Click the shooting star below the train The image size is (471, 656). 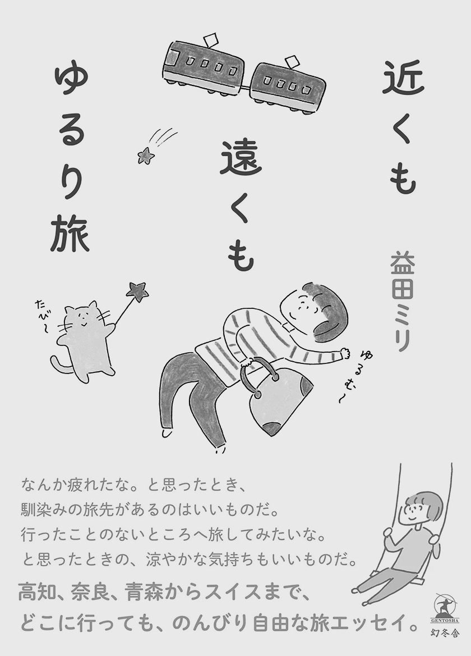[146, 155]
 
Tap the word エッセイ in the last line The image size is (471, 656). [373, 623]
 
